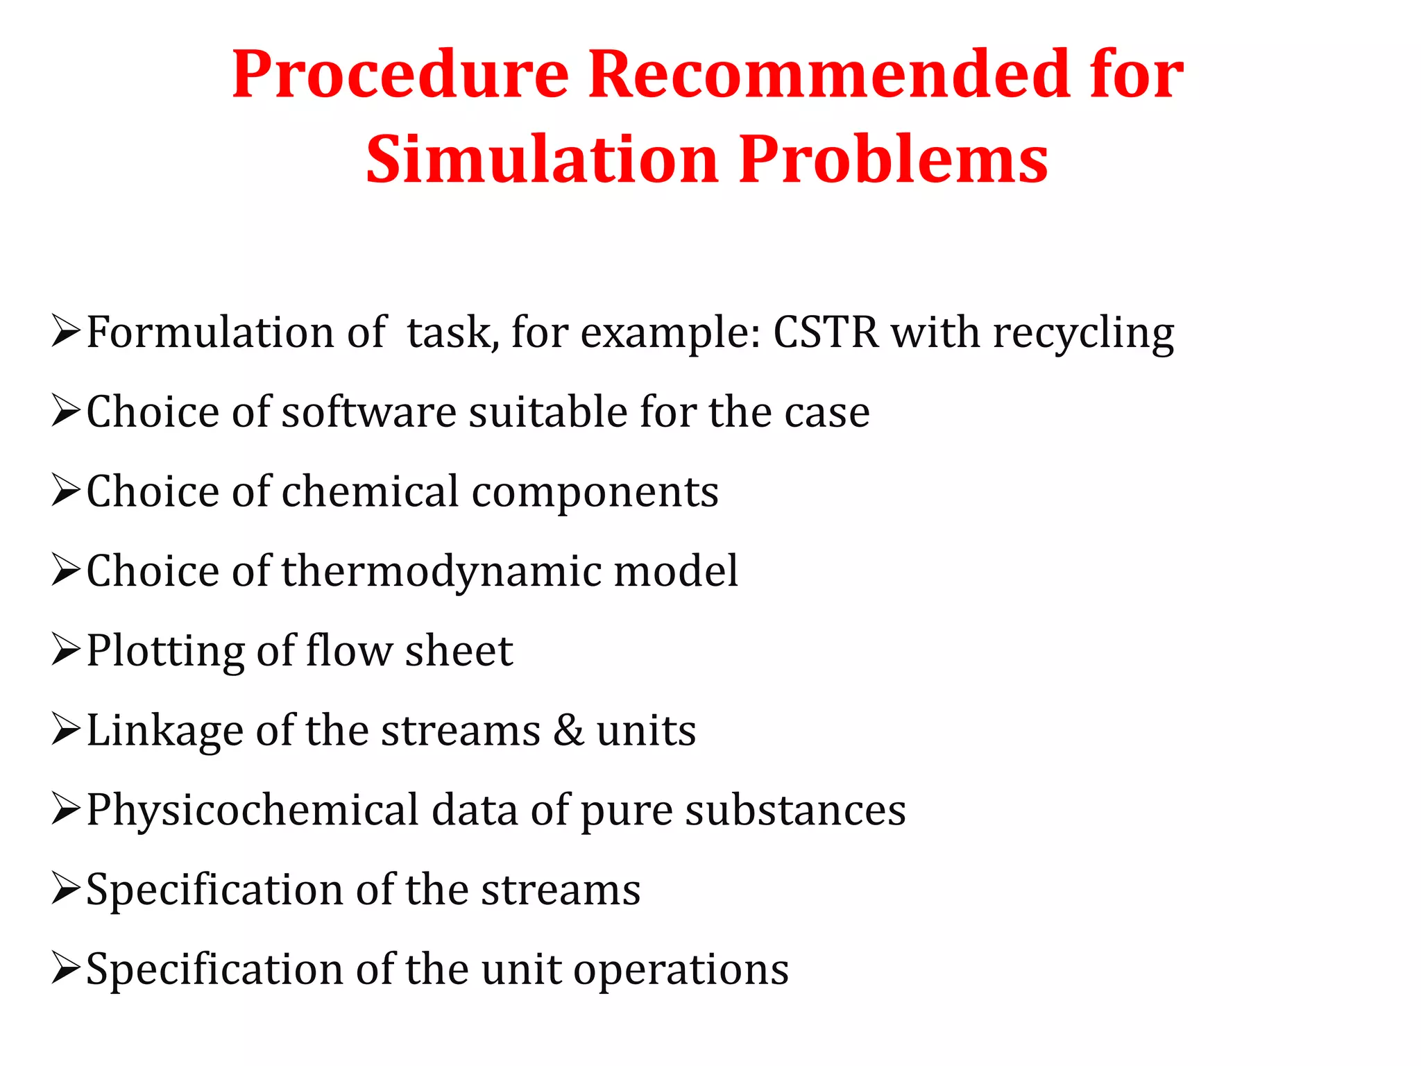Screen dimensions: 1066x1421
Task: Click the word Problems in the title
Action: coord(893,161)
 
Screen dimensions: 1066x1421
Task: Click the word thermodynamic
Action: coord(441,573)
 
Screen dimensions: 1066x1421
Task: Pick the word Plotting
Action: coord(165,652)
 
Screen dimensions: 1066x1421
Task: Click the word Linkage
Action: coord(165,731)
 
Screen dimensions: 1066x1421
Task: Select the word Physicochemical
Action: coord(253,811)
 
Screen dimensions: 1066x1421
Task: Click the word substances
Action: coord(795,810)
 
